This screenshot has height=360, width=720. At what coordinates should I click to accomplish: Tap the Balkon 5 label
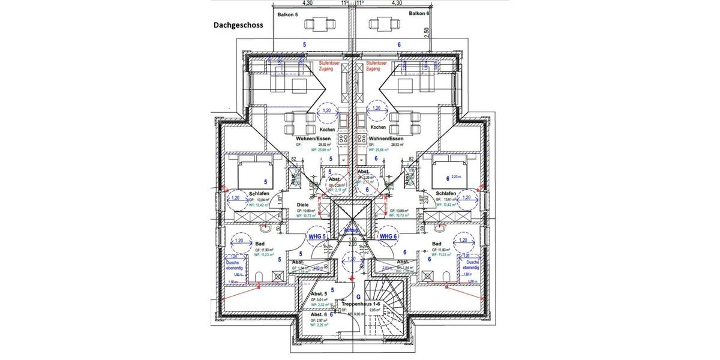point(288,14)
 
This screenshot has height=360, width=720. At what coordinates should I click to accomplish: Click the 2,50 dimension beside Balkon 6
point(427,31)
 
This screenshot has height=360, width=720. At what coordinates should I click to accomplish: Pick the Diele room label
point(303,205)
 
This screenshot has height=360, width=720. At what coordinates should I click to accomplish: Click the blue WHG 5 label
point(316,236)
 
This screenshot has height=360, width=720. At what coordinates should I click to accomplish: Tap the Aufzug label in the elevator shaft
point(352,230)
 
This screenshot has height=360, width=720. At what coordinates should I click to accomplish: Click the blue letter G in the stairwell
point(358,296)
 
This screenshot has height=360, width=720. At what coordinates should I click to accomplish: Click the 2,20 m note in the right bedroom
point(458,177)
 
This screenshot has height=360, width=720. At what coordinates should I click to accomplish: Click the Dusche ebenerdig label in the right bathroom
point(472,265)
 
